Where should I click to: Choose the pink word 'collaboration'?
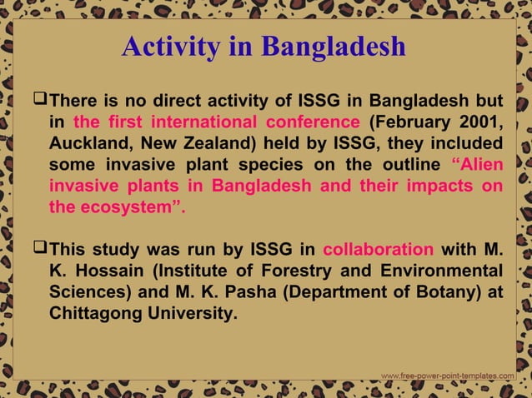pyautogui.click(x=378, y=250)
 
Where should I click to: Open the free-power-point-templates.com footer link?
pyautogui.click(x=447, y=376)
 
